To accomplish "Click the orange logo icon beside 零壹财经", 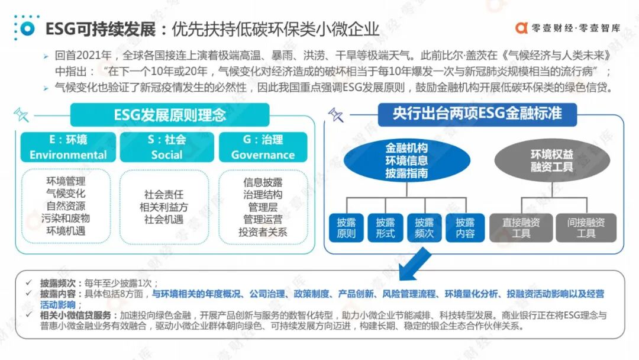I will point(522,28).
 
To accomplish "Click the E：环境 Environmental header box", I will point(68,147).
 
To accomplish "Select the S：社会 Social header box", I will point(167,147).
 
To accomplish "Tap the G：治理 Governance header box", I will point(263,147).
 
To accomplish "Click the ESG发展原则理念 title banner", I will point(170,114).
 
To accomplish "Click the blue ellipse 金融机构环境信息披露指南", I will point(406,160).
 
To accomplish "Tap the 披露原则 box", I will point(346,228).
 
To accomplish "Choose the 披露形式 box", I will point(385,228).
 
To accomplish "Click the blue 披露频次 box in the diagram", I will point(424,228).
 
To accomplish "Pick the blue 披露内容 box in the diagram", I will point(465,228).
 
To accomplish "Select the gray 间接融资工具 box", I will point(586,228).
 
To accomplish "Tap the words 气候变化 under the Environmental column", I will point(66,194).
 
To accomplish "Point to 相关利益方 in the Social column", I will point(164,207).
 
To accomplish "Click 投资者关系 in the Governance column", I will point(263,232).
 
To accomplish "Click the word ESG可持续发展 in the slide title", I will point(100,28).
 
